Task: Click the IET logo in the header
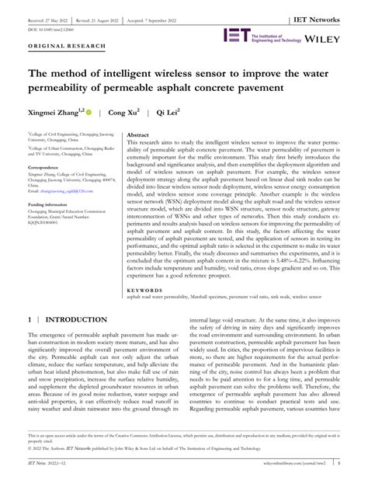pos(236,35)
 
